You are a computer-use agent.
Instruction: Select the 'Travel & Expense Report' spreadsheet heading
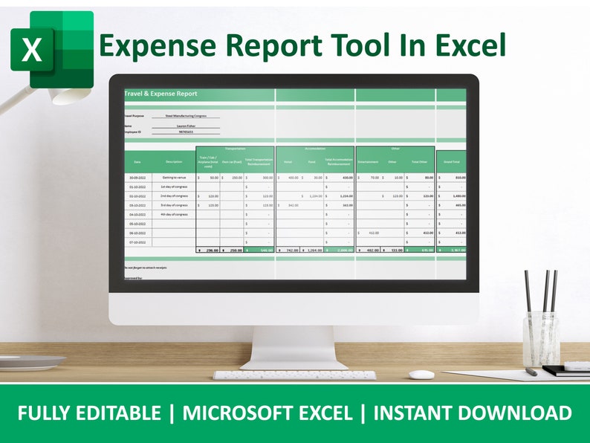(161, 94)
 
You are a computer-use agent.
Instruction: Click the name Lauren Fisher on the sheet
(187, 126)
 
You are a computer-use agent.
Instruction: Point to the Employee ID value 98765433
(187, 132)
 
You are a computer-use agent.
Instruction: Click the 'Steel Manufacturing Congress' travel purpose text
(187, 116)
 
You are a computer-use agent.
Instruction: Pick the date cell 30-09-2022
(137, 178)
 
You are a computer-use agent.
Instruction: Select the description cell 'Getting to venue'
(173, 178)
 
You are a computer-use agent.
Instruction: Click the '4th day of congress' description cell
(173, 214)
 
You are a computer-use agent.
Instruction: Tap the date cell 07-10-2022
(137, 242)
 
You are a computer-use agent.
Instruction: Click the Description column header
(173, 161)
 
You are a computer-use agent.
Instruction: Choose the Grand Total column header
(451, 161)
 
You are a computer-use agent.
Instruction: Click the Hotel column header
(288, 161)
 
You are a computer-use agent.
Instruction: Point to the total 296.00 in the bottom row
(210, 250)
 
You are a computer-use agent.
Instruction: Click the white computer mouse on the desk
(422, 375)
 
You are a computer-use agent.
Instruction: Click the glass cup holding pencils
(539, 338)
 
